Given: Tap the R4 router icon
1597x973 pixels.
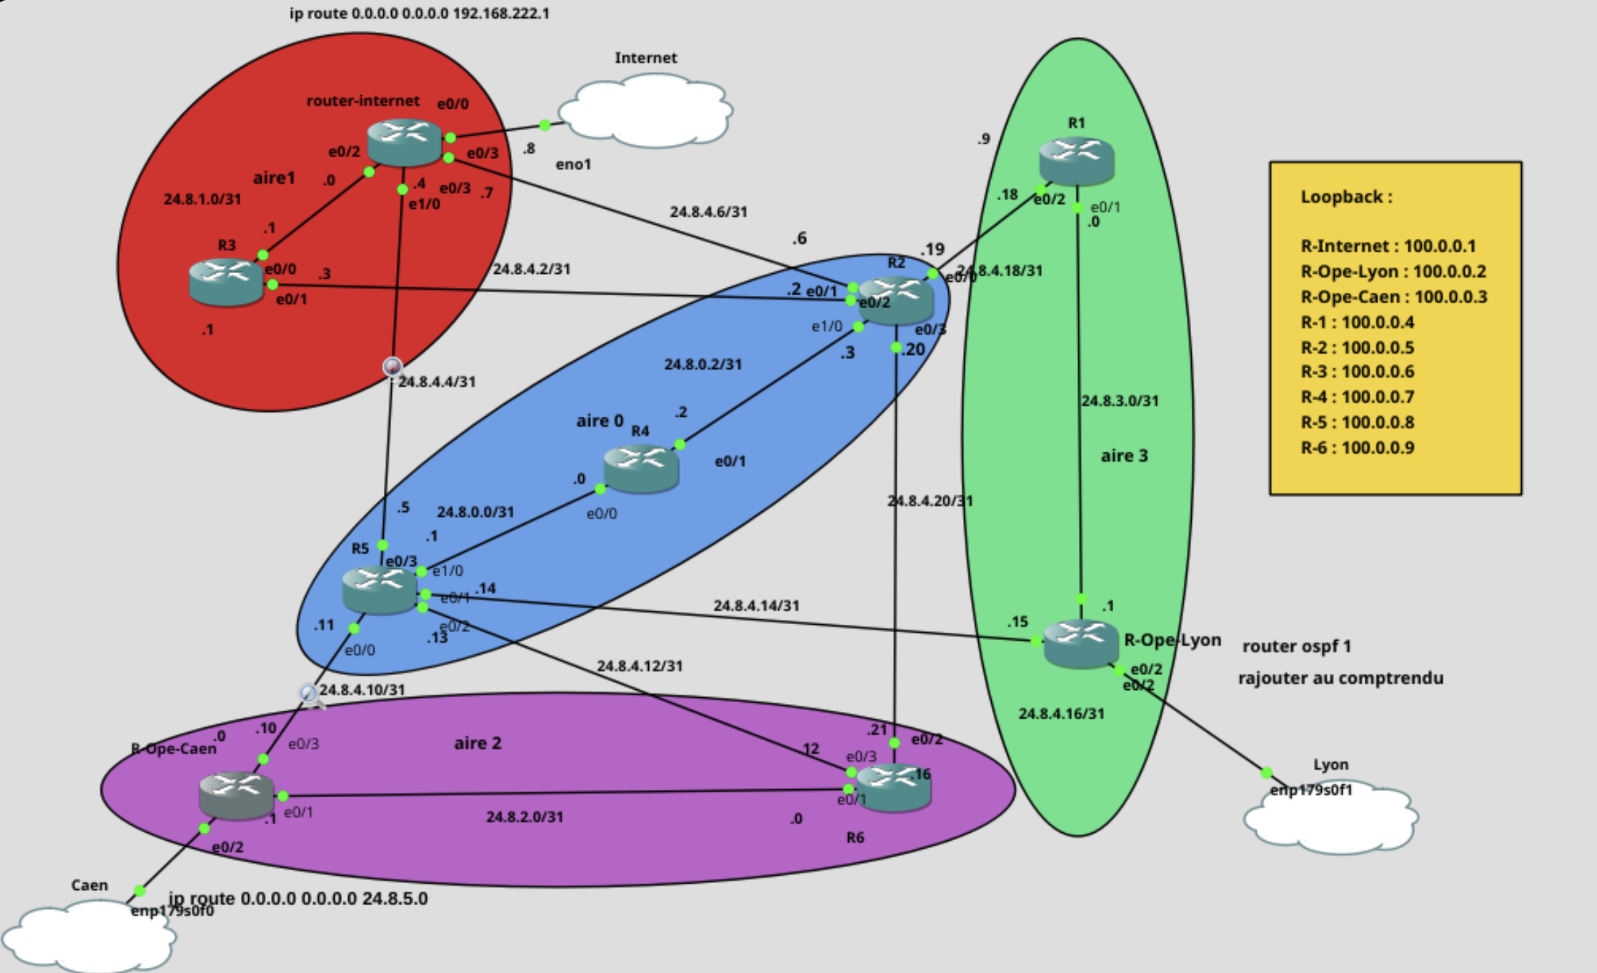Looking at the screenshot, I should (x=641, y=468).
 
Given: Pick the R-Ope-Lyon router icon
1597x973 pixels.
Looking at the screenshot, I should (x=1080, y=643).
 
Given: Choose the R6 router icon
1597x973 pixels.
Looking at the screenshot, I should (x=894, y=787).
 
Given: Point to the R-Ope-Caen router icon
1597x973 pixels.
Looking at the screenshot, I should (x=236, y=795).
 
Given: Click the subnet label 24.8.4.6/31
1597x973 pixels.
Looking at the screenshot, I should (x=708, y=212).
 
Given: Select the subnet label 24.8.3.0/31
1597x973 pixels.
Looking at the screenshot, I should (x=1119, y=401).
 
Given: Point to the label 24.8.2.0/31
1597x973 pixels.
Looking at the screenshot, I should (x=524, y=817).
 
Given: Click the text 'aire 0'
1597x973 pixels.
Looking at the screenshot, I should (x=599, y=421).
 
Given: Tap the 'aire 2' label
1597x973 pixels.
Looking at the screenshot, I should (x=477, y=744).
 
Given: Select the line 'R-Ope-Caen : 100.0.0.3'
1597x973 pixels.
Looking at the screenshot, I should (x=1393, y=297).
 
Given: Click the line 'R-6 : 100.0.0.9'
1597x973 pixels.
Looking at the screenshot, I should (x=1357, y=448).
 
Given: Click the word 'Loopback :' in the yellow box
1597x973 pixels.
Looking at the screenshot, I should (x=1346, y=197).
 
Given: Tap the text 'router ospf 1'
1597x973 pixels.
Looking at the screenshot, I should (x=1296, y=647).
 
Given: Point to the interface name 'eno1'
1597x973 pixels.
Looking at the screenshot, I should (x=573, y=164).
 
